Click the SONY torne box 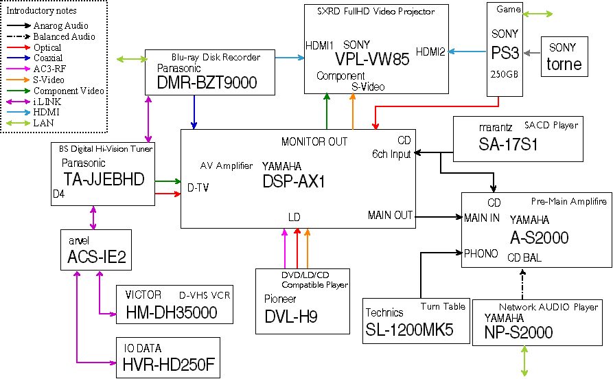coord(564,57)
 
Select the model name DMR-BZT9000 coord(207,83)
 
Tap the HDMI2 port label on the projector coord(430,51)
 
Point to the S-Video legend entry coord(36,80)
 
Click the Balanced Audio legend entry coord(51,36)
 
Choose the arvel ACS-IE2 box coord(96,250)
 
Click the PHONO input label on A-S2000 coord(481,253)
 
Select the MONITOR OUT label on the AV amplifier coord(314,141)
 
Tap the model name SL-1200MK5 coord(409,330)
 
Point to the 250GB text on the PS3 coord(505,74)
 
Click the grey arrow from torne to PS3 coord(532,53)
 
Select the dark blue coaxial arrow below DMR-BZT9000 coord(194,112)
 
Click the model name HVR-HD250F coord(169,365)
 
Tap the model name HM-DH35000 coord(172,312)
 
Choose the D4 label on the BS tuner coord(58,194)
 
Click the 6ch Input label coord(391,154)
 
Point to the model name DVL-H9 coord(291,317)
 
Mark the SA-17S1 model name coord(508,145)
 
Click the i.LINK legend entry coord(34,102)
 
